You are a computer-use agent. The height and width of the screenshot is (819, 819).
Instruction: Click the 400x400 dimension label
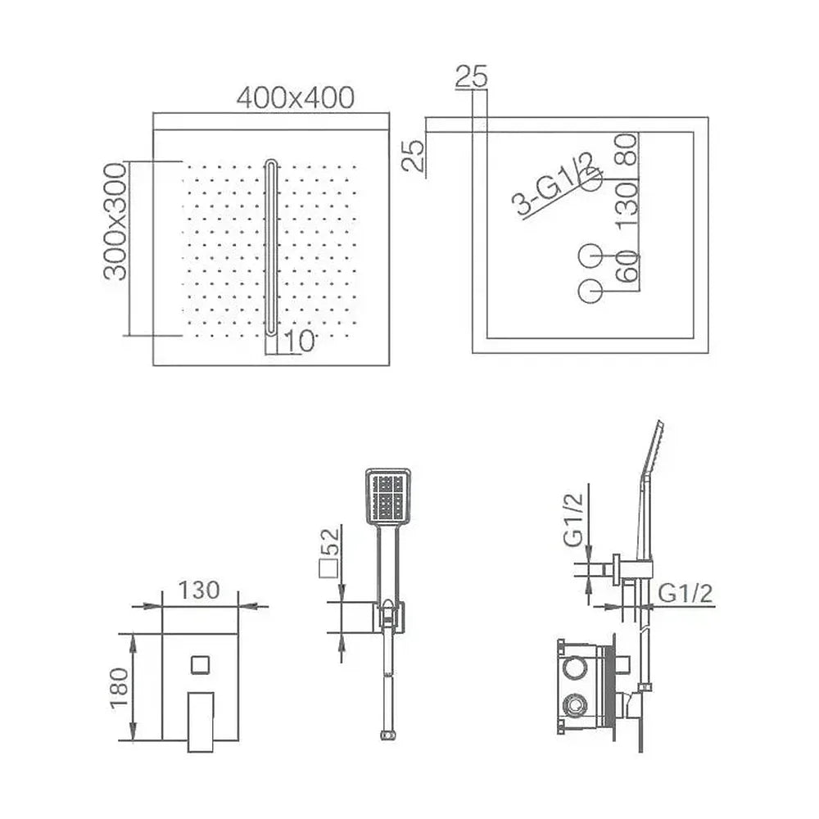(295, 97)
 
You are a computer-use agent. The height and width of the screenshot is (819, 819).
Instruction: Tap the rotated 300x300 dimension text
(115, 221)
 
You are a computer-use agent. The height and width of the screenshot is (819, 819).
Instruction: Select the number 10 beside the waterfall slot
(299, 342)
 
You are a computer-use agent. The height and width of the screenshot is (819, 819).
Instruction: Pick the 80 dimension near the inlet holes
(627, 149)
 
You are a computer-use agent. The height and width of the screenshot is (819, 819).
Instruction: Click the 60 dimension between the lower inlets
(627, 266)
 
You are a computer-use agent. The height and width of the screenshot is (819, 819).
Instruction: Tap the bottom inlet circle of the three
(591, 291)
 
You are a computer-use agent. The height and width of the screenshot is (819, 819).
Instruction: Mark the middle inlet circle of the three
(591, 256)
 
